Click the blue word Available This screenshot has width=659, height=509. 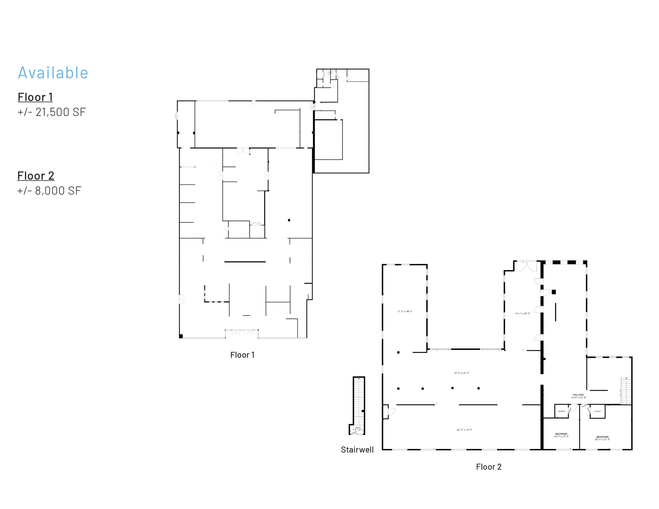[x=53, y=73]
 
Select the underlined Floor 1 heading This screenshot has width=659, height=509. [x=35, y=97]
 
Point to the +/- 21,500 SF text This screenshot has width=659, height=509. [x=52, y=112]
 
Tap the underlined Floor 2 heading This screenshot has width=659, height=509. [x=36, y=176]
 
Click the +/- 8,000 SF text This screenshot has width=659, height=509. [x=49, y=191]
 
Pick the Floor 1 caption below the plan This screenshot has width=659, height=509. [x=242, y=355]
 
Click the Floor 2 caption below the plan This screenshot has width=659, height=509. [x=488, y=467]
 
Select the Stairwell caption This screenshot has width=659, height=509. [x=357, y=450]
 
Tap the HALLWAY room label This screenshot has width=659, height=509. [x=578, y=395]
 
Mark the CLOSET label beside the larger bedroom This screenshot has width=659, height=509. [x=598, y=411]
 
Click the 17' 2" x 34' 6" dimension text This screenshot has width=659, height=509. [x=405, y=311]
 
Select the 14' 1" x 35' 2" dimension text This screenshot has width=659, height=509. [x=522, y=313]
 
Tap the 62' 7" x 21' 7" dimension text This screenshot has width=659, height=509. [x=462, y=373]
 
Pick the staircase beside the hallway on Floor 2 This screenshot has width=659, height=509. [x=626, y=391]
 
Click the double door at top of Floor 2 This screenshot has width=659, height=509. [x=526, y=267]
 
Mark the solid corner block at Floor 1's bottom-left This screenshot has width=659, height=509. [x=181, y=336]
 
